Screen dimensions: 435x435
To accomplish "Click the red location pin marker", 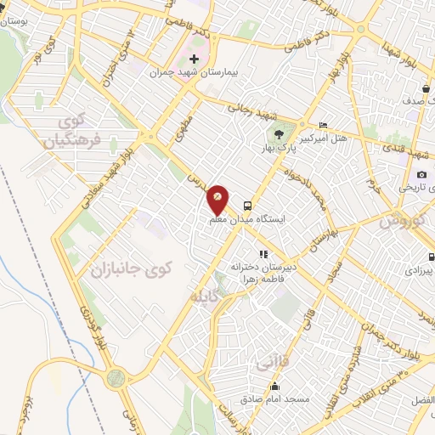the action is click(217, 201).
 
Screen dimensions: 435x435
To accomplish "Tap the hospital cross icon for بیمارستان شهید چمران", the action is click(195, 59).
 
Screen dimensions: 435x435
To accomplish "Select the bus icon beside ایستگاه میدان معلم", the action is click(247, 205).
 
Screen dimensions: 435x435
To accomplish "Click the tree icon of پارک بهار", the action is click(280, 134).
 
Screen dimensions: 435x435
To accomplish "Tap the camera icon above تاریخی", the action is click(421, 174).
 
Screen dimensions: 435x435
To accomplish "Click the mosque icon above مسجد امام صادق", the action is click(274, 386).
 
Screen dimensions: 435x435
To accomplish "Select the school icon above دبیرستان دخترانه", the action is click(263, 253).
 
